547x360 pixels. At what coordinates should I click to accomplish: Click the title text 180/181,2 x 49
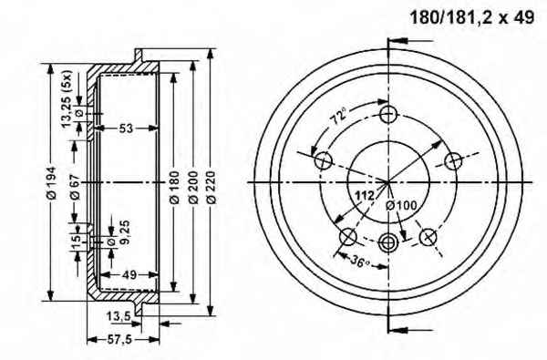point(471,17)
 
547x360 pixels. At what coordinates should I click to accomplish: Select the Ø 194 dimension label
point(52,183)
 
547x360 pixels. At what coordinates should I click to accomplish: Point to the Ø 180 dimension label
point(174,187)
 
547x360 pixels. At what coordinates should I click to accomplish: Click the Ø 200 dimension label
point(193,187)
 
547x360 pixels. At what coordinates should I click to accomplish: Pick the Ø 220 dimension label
point(212,187)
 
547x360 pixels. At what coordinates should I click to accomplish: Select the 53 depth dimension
point(126,129)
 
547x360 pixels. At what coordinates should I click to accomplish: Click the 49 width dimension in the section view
point(129,275)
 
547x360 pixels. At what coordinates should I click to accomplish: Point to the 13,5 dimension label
point(119,316)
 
